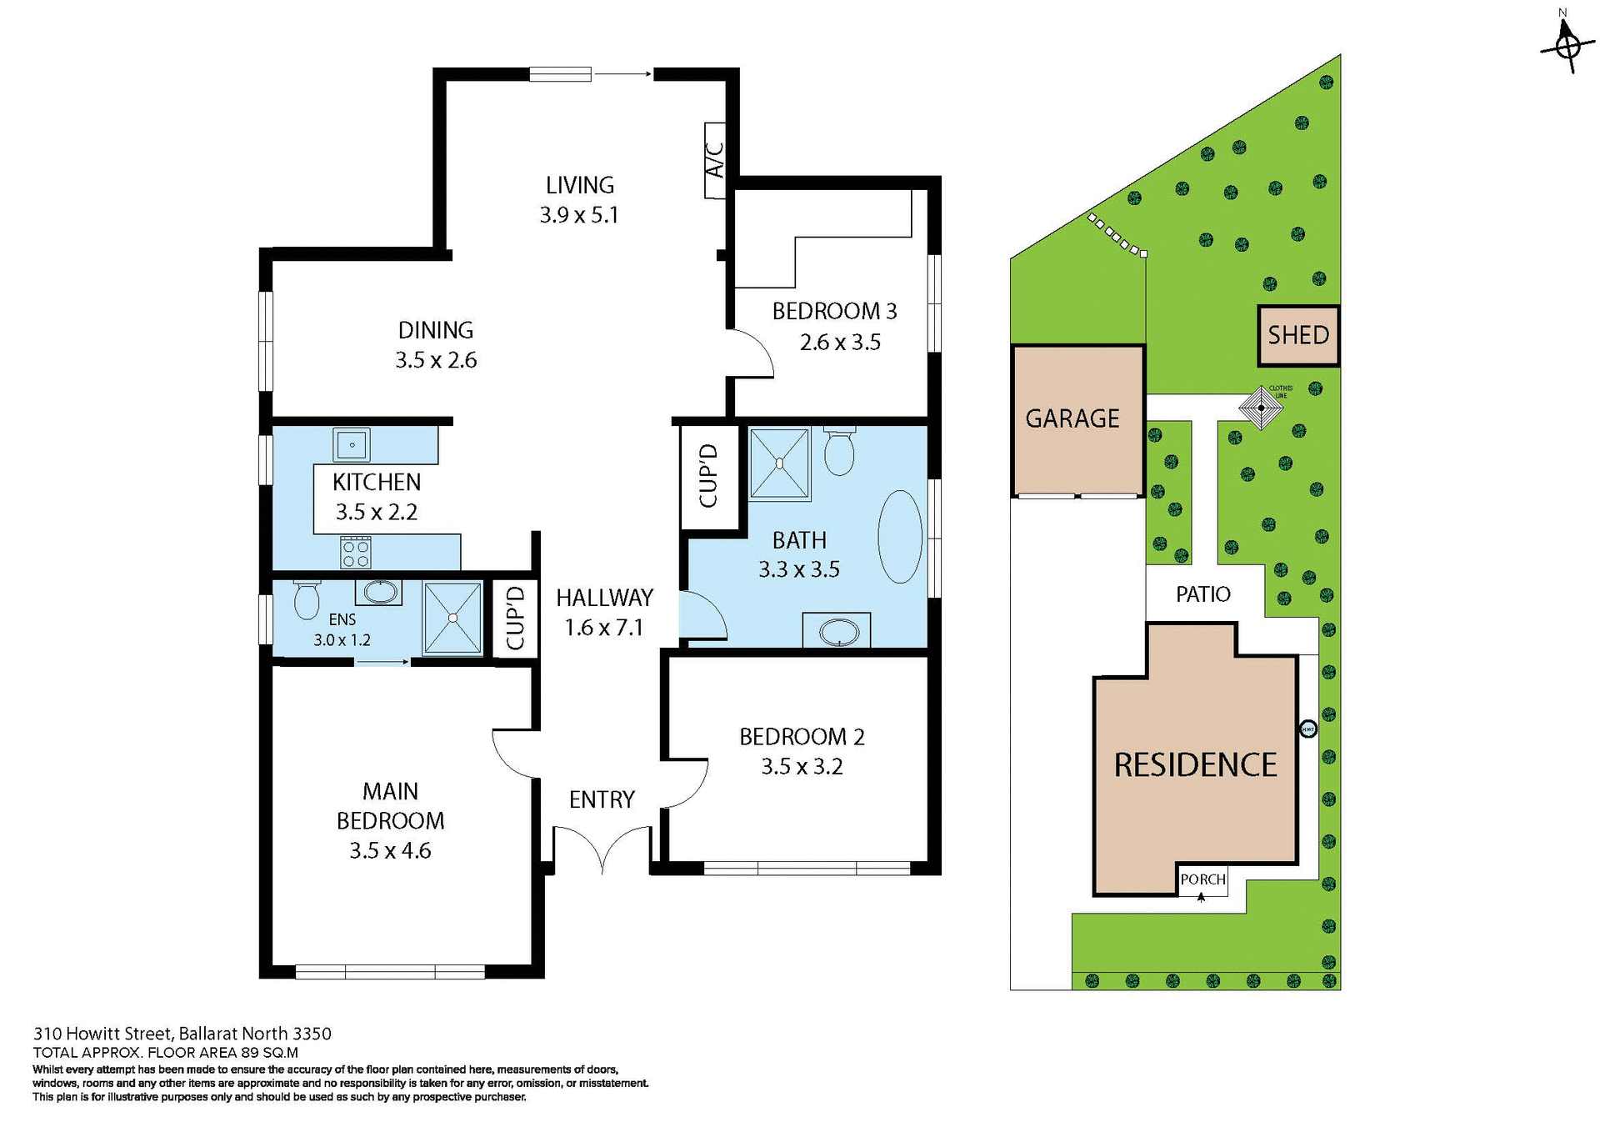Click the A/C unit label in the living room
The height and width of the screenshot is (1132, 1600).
tap(715, 160)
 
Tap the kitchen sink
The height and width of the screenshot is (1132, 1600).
tap(352, 445)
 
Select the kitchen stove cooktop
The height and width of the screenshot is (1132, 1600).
tap(356, 552)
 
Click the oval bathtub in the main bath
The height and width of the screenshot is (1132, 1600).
tap(900, 537)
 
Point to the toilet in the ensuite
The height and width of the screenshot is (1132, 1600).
tap(306, 600)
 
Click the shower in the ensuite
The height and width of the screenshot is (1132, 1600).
tap(452, 618)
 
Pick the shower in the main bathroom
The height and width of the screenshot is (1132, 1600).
tap(779, 463)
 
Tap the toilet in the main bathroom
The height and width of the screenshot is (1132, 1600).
tap(838, 450)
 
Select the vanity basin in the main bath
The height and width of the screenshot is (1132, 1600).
tap(837, 632)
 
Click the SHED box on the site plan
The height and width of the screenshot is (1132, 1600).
tap(1297, 335)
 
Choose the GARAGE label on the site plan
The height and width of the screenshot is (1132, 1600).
tap(1072, 418)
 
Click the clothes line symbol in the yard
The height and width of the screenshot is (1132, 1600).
tap(1261, 408)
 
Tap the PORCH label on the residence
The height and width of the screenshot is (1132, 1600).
tap(1202, 879)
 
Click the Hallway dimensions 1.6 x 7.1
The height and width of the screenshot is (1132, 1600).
tap(604, 628)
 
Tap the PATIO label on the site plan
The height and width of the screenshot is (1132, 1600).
tap(1202, 594)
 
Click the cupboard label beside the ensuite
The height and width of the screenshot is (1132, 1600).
tap(515, 618)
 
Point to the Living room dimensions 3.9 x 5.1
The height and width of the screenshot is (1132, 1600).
tap(579, 215)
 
